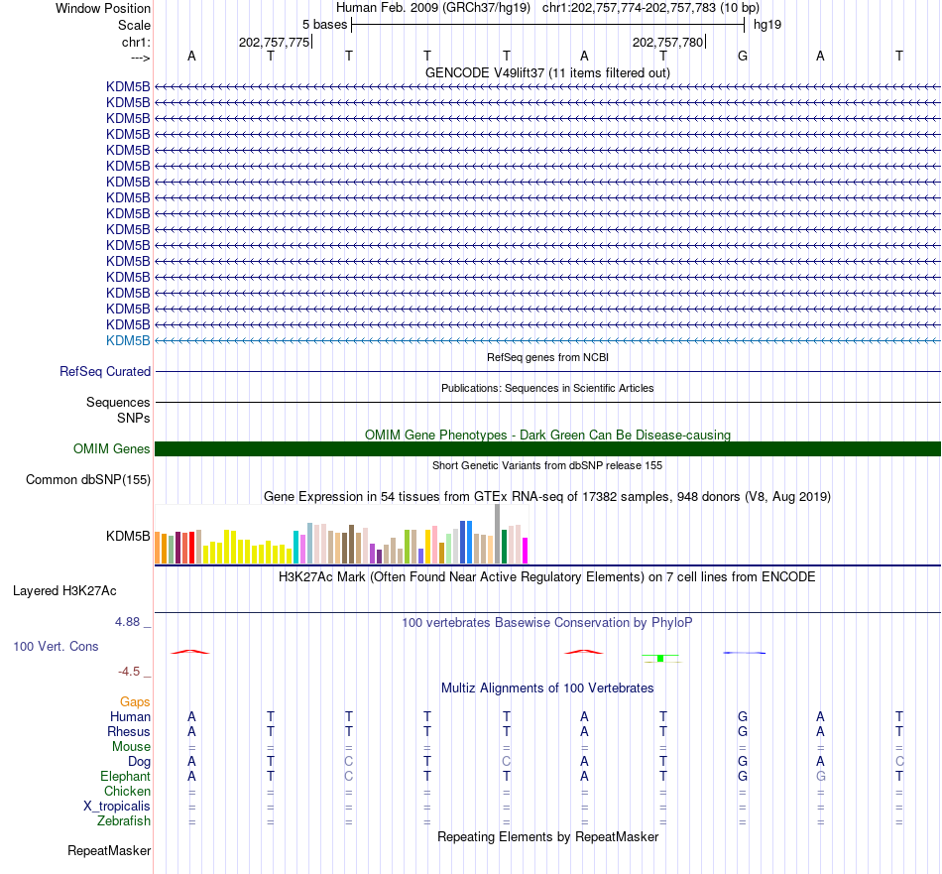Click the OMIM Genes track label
point(112,449)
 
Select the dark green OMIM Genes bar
point(547,449)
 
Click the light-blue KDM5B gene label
point(128,341)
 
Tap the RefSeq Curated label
point(105,371)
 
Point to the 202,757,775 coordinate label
point(274,42)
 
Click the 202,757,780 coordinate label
point(667,42)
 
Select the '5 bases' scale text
point(324,25)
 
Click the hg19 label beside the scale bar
point(767,25)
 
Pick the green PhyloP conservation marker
point(660,658)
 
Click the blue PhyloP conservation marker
point(745,653)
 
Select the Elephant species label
point(126,777)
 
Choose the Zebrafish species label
point(124,821)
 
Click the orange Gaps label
point(135,702)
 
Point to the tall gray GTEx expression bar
point(497,534)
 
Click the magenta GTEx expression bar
point(525,551)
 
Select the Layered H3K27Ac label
point(64,591)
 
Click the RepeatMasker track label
point(109,850)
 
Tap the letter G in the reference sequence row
point(743,56)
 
